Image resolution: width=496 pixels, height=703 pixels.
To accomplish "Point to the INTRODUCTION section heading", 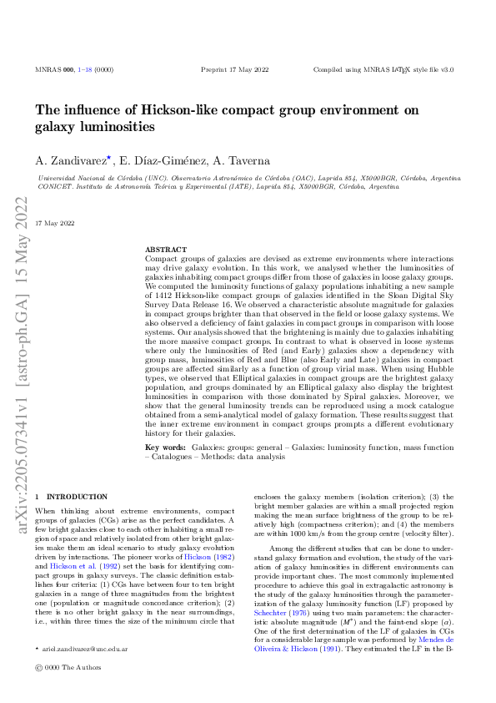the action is (76, 497).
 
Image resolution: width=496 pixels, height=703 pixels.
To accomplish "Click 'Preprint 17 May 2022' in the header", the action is (232, 70).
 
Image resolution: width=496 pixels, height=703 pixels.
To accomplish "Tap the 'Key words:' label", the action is (165, 448).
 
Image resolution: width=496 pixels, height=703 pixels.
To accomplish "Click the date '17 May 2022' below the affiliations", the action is (55, 223).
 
